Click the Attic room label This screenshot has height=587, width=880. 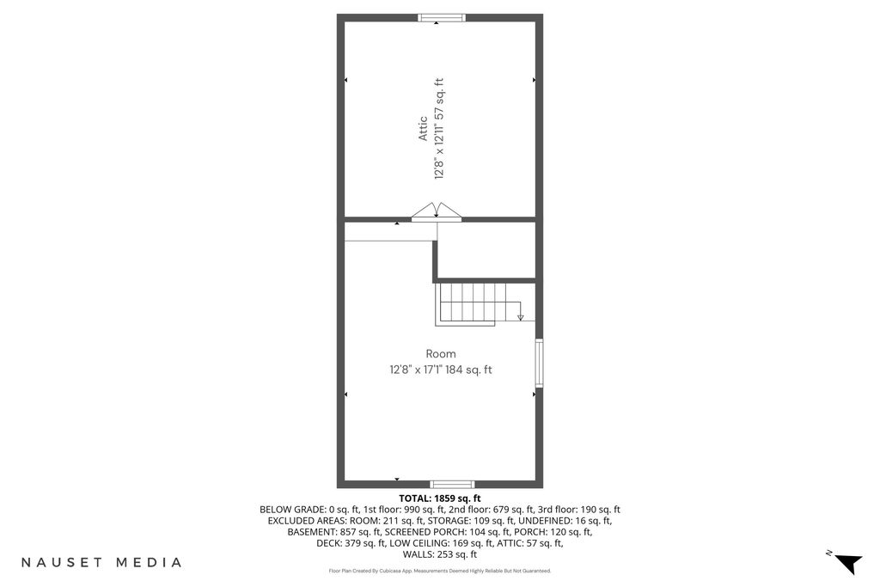423,129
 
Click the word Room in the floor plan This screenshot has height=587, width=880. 441,354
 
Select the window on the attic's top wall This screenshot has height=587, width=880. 442,18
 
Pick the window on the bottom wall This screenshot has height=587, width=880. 452,485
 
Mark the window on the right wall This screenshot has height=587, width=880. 539,363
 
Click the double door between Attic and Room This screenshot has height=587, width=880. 437,212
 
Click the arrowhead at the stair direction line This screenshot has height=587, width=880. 520,318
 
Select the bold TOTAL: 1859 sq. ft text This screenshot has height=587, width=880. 440,498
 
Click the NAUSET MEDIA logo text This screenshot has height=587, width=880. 101,562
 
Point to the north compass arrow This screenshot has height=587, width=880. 848,563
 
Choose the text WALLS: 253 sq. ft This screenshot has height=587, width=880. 440,554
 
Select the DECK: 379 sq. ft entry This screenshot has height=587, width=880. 351,543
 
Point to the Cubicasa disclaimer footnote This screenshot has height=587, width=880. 440,572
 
